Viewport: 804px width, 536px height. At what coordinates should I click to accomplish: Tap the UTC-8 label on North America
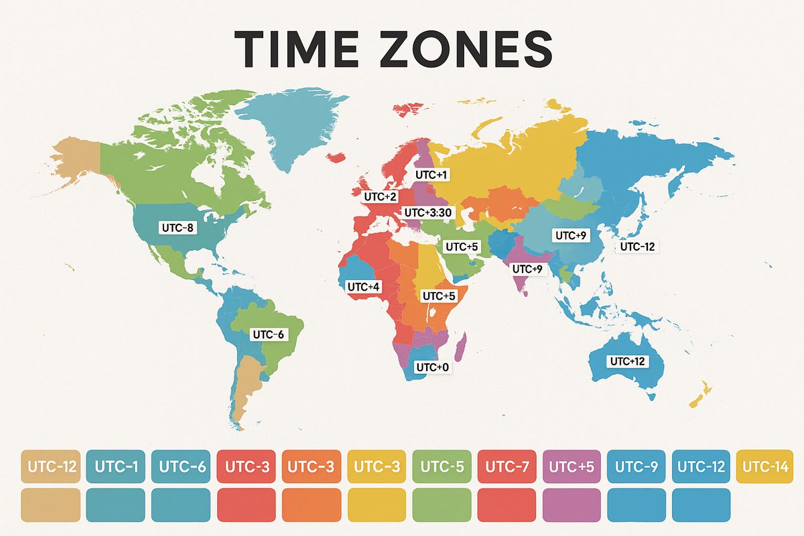(x=178, y=228)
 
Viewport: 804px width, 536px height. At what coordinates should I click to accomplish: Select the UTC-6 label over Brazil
(x=268, y=334)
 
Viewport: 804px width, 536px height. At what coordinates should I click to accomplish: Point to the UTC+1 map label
(x=431, y=174)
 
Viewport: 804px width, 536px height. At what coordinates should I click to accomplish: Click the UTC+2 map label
(x=380, y=197)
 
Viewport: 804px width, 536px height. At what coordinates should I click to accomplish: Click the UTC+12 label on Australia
(x=627, y=361)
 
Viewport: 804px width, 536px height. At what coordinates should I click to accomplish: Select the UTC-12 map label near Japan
(x=638, y=247)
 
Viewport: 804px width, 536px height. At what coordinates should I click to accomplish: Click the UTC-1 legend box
(x=116, y=466)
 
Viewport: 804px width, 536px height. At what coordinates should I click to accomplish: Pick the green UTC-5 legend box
(x=442, y=466)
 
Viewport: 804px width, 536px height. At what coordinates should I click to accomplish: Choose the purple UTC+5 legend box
(x=572, y=466)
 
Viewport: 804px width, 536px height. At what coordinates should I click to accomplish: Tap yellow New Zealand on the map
(x=699, y=395)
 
